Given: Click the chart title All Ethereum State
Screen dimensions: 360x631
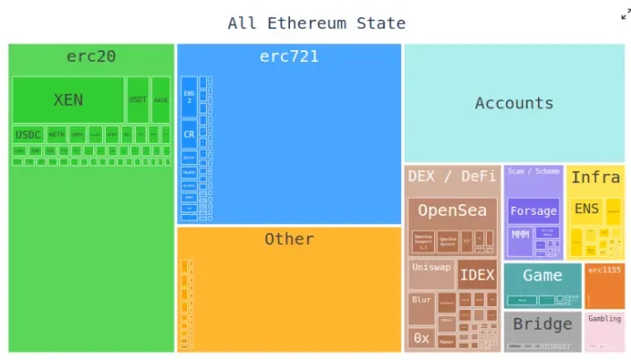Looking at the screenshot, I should (x=316, y=23).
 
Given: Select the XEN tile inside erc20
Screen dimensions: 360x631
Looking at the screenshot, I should (x=68, y=99).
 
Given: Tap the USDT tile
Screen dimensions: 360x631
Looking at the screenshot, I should (x=138, y=99).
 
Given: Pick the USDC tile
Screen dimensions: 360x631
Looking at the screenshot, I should (x=28, y=134).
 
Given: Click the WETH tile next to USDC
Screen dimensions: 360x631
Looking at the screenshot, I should (x=57, y=134).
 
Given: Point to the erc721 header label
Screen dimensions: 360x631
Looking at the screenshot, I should (x=289, y=57).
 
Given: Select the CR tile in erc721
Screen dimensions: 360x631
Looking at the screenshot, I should (x=189, y=134).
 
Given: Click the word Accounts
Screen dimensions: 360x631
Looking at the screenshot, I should (x=514, y=103).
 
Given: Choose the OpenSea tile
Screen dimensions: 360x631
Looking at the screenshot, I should (x=452, y=211).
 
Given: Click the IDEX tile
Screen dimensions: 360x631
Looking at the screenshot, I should (x=477, y=275).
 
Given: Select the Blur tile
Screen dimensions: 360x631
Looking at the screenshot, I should (x=421, y=301).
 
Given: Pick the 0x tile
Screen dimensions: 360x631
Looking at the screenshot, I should (x=421, y=338).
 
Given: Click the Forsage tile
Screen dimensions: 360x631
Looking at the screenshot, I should (x=533, y=212).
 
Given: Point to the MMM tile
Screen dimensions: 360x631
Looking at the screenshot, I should (x=519, y=234).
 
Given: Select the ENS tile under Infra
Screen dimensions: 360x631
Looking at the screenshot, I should (x=587, y=209).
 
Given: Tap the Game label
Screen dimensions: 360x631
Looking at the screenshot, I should (x=542, y=276).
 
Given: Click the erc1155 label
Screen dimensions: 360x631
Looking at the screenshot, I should (x=604, y=269).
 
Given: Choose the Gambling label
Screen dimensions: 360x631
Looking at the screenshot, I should (x=604, y=319).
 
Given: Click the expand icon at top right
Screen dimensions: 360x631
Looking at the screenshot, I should (x=626, y=13).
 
